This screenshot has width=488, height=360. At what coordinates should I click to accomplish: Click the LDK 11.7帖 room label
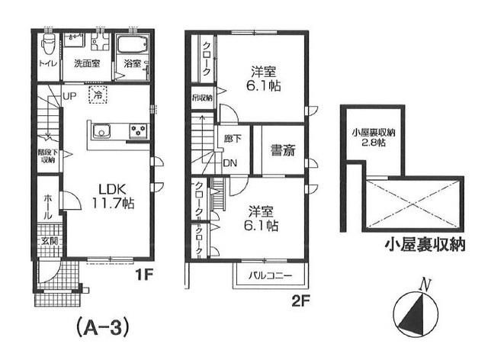click(114, 196)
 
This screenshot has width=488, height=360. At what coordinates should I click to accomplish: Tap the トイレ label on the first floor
click(47, 64)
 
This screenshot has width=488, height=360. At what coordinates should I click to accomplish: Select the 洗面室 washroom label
click(88, 64)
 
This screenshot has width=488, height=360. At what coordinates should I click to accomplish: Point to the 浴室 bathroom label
click(132, 64)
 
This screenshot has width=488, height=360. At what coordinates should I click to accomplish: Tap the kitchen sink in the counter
click(103, 131)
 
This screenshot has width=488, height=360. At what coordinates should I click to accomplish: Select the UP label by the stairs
click(69, 96)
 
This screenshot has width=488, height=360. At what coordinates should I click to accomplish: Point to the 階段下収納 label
click(47, 156)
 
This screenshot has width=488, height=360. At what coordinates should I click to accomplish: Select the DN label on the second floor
click(230, 162)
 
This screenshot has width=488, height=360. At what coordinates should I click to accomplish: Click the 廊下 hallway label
click(231, 140)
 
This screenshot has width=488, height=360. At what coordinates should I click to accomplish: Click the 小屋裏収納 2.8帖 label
click(368, 137)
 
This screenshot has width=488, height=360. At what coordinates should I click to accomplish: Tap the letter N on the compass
click(428, 286)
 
